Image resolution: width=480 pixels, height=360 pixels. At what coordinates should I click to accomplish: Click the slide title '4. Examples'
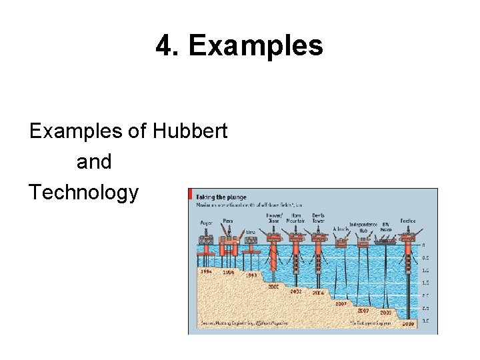coord(239,46)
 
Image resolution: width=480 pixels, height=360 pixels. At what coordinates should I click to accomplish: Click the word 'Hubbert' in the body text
coord(190,131)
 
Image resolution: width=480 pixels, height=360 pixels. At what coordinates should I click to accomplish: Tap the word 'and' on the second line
coord(94,162)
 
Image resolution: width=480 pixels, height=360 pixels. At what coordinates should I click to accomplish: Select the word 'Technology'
coord(84,193)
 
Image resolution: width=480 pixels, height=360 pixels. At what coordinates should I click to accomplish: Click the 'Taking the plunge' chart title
coord(221,197)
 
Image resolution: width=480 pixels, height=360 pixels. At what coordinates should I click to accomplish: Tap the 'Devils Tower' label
coord(318,219)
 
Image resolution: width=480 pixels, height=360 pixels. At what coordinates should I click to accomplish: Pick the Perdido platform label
coord(408,221)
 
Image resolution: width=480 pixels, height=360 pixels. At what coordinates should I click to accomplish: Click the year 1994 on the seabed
coord(206,271)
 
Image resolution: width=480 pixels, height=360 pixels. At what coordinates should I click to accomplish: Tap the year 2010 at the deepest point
coord(408,323)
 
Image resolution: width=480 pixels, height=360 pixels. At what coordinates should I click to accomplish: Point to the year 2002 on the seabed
coord(295,291)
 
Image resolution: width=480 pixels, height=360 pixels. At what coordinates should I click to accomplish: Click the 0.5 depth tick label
coord(425,258)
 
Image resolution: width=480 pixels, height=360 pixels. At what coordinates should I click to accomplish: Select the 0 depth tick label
coord(423,245)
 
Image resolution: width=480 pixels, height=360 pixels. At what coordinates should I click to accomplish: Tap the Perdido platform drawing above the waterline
coord(407,237)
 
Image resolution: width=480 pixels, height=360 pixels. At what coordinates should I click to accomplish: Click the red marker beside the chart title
coord(191,197)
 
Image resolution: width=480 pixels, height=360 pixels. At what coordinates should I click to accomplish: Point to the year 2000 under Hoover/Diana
coord(273,287)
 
